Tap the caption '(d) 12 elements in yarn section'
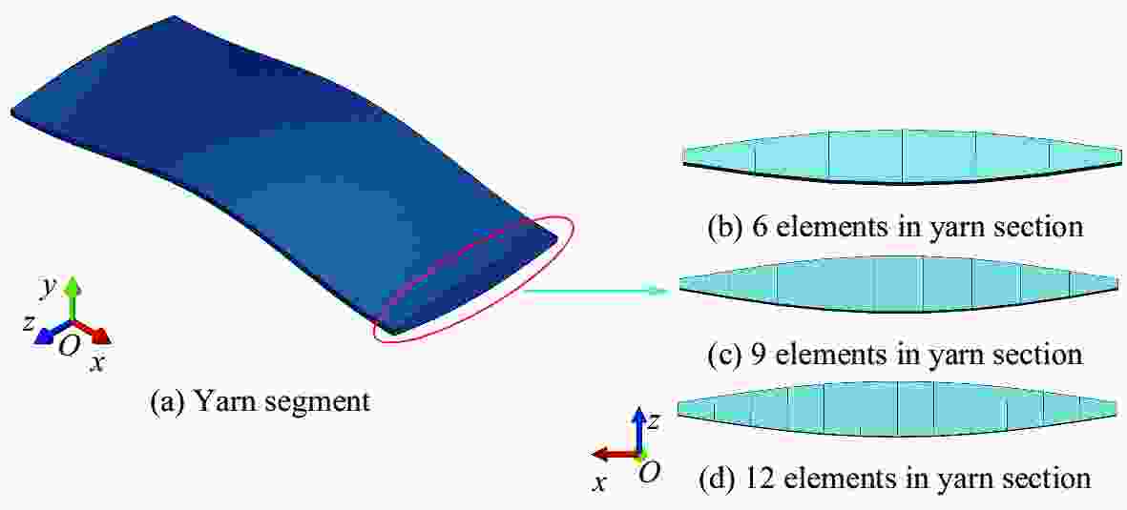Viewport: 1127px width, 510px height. pyautogui.click(x=895, y=479)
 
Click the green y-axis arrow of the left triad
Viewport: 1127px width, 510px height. pyautogui.click(x=72, y=300)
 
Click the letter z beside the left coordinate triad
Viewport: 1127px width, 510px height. pyautogui.click(x=28, y=323)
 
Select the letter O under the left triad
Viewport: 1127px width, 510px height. pyautogui.click(x=69, y=346)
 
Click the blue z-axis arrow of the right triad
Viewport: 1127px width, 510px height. pyautogui.click(x=638, y=430)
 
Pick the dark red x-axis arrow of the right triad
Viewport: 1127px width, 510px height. pyautogui.click(x=615, y=454)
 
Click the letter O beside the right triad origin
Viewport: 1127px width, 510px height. pyautogui.click(x=649, y=471)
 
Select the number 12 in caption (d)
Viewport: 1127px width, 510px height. pyautogui.click(x=764, y=479)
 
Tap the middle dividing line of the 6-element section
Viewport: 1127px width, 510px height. pyautogui.click(x=903, y=156)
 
